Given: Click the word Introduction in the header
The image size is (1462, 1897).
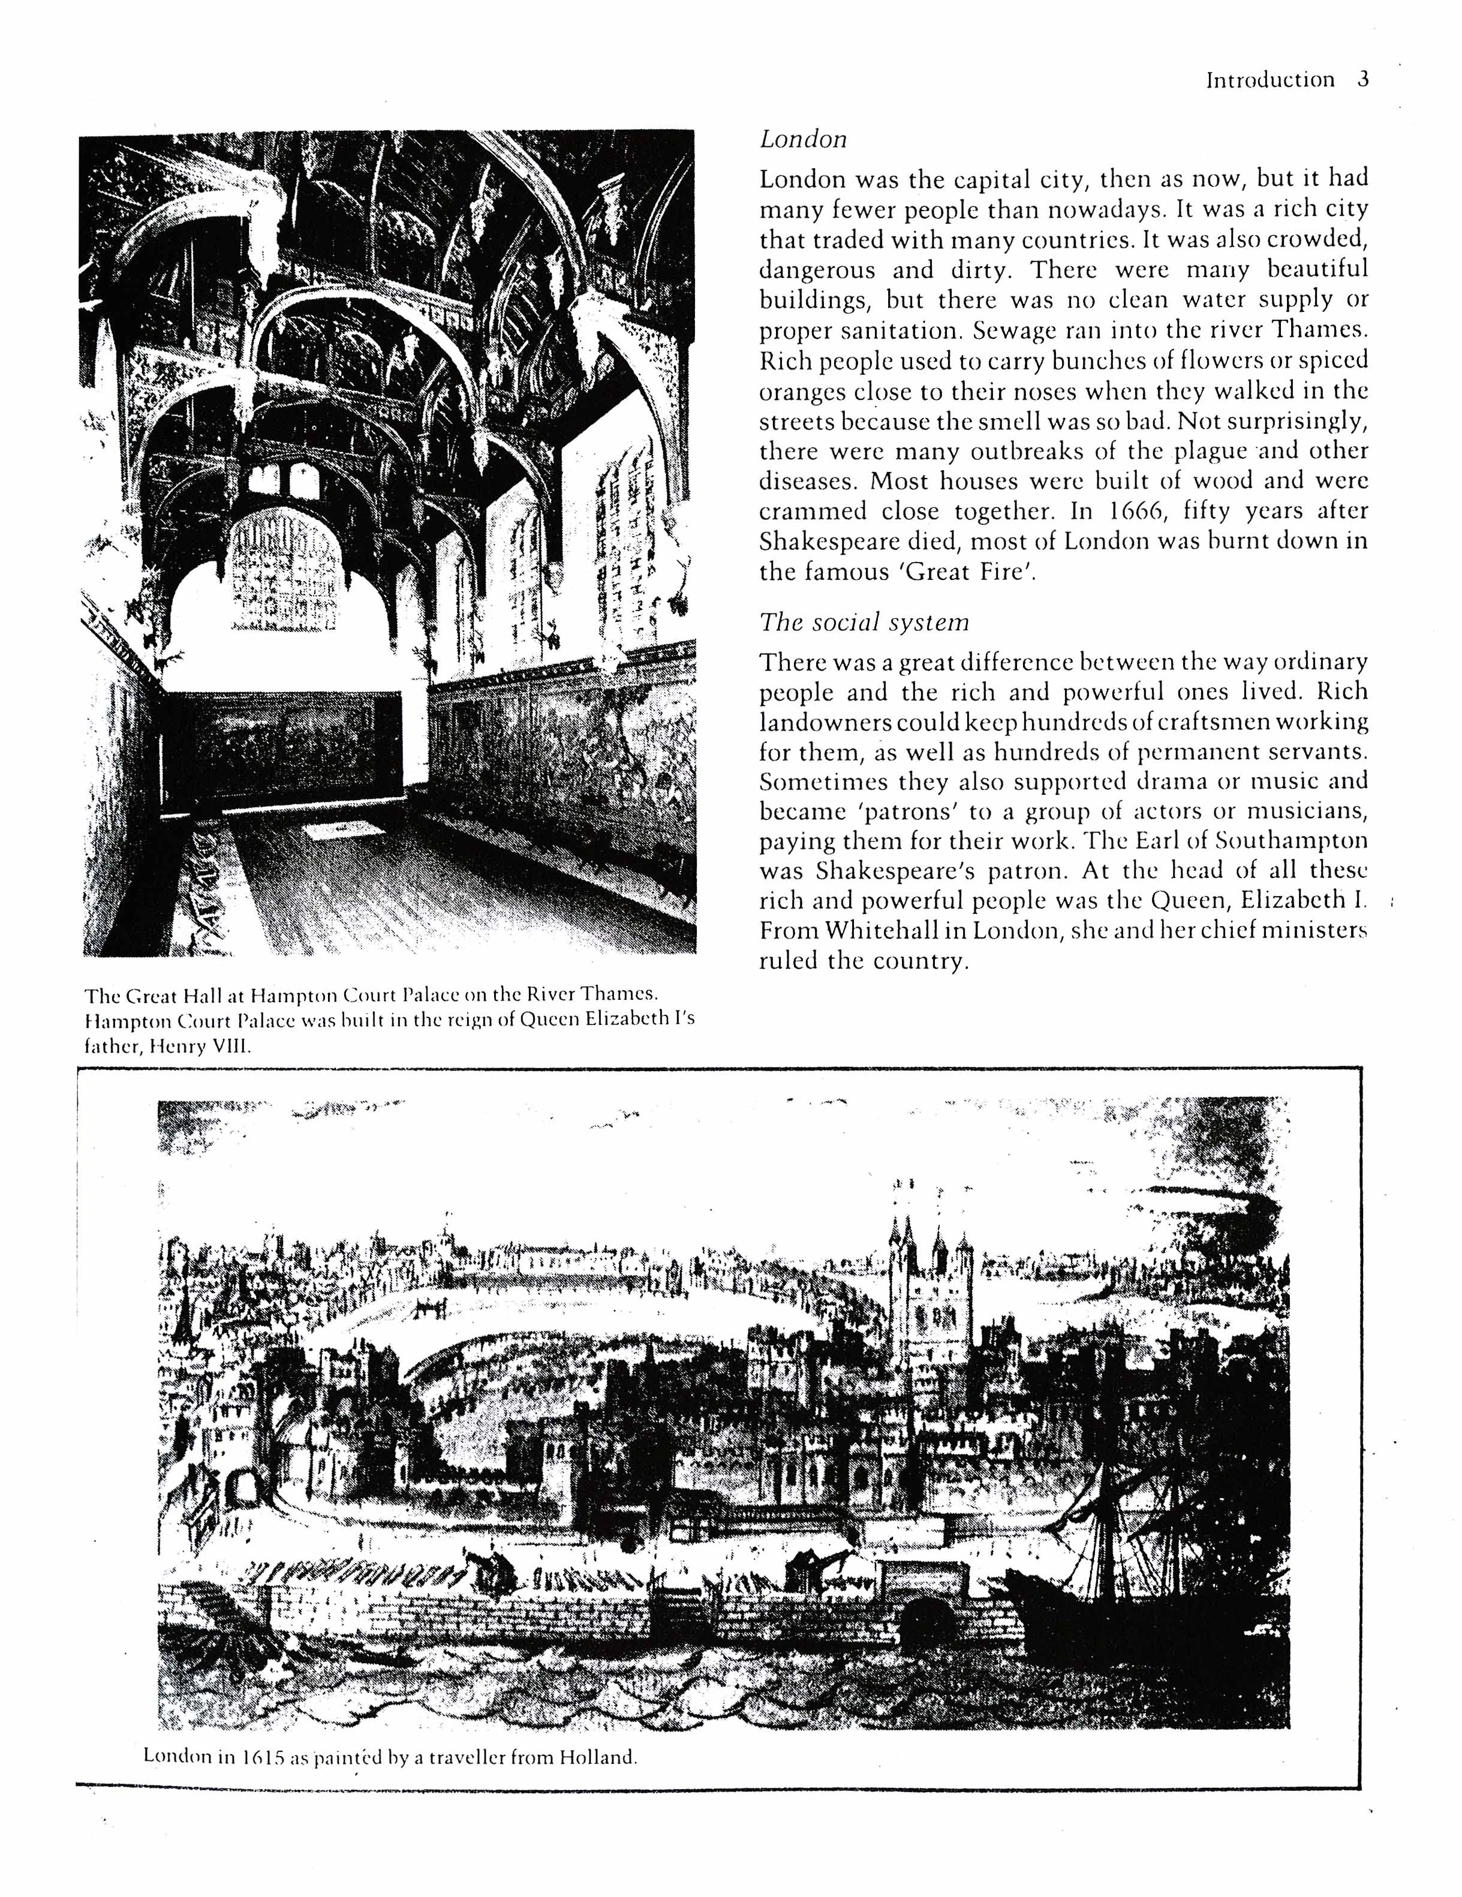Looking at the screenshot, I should [x=1270, y=80].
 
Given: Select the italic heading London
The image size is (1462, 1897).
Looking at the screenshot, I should [x=803, y=139].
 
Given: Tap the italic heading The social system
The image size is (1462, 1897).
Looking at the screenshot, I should [x=864, y=622].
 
